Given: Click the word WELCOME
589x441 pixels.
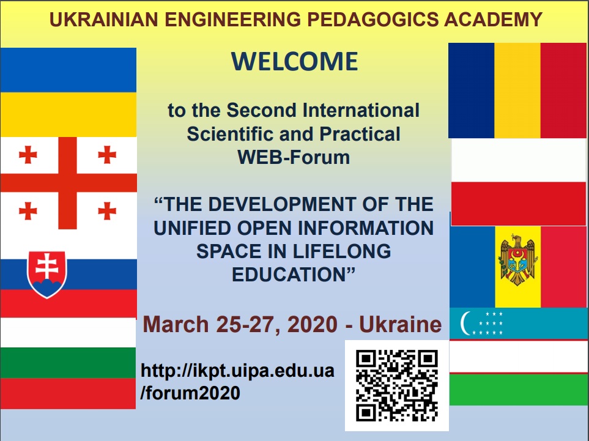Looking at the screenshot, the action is pos(295,61).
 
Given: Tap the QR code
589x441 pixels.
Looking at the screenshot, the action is pos(397,385).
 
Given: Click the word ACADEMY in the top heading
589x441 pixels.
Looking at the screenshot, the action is pos(493,20).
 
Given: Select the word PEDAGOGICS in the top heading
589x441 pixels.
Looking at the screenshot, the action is pos(372,20).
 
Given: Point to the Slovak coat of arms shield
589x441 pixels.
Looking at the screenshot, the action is pos(47,275).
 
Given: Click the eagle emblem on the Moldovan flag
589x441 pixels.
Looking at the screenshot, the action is pos(518,259).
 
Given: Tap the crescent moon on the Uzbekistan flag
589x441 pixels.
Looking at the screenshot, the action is pos(465,323).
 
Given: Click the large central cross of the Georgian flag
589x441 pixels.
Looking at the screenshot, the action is pos(68,183).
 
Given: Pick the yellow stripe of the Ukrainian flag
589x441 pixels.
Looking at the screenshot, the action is pos(68,114).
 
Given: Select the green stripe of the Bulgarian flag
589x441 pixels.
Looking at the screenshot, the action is pos(68,363).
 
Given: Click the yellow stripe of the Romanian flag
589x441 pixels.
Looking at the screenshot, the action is pos(517,91).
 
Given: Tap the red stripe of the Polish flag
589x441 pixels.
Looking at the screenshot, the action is pos(519,204).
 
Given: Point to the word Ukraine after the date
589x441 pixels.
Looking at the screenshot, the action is pos(401,325).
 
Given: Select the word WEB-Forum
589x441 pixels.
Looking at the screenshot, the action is pos(294,157).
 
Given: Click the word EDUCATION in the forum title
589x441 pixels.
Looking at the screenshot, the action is pos(294,274).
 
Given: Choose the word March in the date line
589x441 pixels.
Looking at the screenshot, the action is pos(176,325).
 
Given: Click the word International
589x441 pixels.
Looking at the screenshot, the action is pos(361,111).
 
